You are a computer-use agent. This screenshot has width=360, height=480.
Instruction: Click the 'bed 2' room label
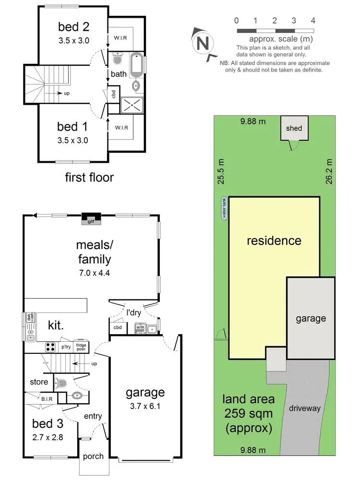coord(73,26)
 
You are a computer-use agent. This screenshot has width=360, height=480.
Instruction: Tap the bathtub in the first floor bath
coord(136,64)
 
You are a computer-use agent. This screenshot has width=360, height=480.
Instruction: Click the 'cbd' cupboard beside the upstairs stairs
coord(114,95)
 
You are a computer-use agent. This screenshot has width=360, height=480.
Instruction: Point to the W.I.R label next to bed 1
coord(120,128)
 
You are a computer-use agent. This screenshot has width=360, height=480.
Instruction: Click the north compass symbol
coord(203,44)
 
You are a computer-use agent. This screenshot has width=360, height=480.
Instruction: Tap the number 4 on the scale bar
coord(313,21)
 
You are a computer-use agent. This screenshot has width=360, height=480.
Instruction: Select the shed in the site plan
coord(294,128)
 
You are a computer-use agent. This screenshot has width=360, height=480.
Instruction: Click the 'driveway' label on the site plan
coord(304,408)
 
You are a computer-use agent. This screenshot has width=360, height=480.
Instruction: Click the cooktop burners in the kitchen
coord(50,346)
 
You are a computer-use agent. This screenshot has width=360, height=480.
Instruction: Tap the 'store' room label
coord(39,382)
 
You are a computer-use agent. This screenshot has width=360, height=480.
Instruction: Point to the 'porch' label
coord(93,456)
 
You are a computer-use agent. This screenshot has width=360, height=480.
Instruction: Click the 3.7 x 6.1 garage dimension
coord(145,406)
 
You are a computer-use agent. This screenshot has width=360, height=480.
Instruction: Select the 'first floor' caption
coord(89,178)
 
